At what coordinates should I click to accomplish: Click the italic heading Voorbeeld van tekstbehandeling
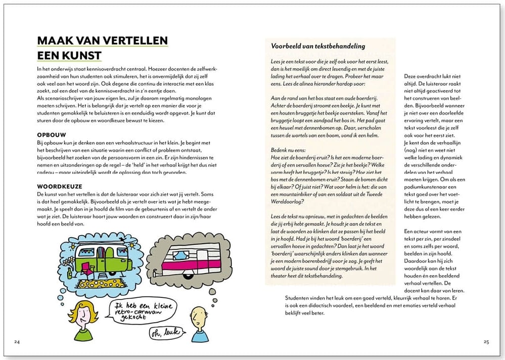[318, 46]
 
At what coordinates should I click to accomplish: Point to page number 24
[17, 342]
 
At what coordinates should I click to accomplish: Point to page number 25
[486, 342]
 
